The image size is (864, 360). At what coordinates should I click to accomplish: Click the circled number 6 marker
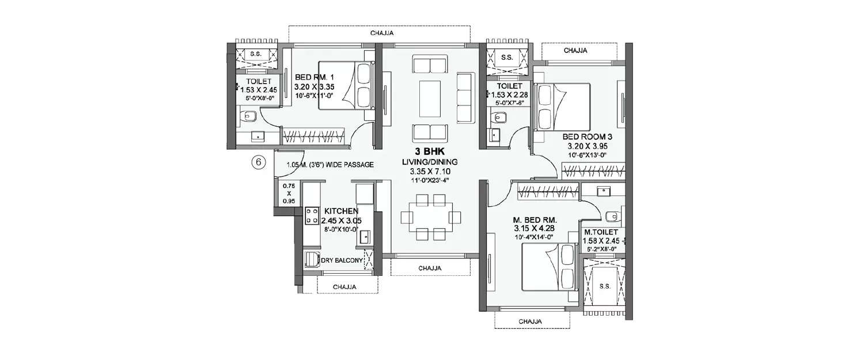tap(259, 163)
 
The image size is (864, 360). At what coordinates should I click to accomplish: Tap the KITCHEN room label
tap(341, 211)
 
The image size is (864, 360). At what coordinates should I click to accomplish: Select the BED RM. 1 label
tap(314, 77)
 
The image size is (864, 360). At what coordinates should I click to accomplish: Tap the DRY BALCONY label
tap(342, 261)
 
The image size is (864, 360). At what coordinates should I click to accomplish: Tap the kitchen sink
tap(365, 237)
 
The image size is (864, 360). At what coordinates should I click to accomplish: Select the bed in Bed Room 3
tap(563, 107)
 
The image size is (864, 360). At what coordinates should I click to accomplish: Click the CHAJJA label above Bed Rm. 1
tap(382, 33)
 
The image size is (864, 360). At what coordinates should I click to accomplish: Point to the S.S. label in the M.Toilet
tap(605, 286)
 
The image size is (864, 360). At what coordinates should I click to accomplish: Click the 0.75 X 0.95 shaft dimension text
tap(288, 194)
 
